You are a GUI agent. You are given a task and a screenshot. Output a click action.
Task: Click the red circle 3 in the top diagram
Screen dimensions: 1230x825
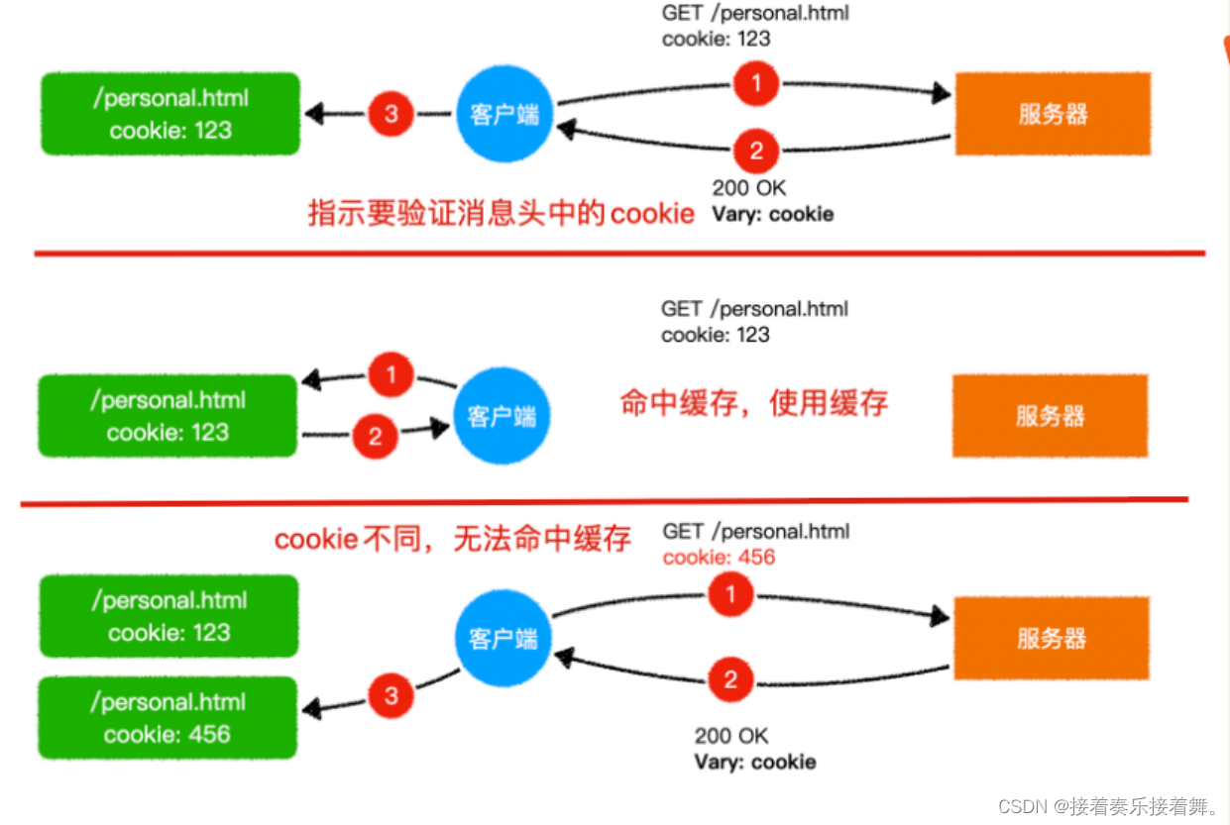(x=391, y=114)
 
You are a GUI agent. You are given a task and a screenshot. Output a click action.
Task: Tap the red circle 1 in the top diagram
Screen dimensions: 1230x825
(x=756, y=83)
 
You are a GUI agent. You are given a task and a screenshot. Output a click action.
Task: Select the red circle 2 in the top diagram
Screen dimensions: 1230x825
(x=756, y=151)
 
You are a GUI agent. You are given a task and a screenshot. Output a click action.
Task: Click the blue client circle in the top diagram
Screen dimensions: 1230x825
(x=504, y=114)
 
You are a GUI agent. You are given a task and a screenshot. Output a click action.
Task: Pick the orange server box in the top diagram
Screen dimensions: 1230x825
(x=1053, y=114)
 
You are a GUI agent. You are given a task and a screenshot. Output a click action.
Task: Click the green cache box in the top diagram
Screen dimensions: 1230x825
(x=170, y=114)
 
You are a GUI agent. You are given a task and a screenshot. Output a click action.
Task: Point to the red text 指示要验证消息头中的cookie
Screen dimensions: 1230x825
(x=501, y=213)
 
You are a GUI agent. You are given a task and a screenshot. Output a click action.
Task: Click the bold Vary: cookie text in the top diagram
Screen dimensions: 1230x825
(x=773, y=214)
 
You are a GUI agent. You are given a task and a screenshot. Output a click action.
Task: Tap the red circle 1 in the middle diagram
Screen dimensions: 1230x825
(x=391, y=374)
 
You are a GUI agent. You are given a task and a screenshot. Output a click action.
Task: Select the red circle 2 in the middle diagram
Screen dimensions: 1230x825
(x=375, y=436)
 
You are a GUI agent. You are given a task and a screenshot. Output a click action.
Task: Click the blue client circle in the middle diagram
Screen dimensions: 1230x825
(x=502, y=416)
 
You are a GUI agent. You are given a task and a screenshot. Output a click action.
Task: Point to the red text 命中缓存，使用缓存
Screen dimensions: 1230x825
(x=754, y=403)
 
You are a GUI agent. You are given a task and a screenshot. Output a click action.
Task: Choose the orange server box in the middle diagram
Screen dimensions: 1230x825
(x=1050, y=416)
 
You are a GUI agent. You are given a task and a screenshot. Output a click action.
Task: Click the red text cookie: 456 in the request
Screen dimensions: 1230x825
(x=719, y=558)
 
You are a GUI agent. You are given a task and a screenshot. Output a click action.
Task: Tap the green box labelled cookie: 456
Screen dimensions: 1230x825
(x=168, y=718)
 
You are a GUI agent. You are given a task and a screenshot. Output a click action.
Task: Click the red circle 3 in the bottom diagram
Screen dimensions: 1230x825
(x=391, y=695)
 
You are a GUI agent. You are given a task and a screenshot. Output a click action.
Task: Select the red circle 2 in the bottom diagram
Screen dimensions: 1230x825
(x=730, y=679)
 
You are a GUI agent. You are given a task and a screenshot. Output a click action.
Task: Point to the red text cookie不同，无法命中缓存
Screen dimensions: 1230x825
(x=453, y=539)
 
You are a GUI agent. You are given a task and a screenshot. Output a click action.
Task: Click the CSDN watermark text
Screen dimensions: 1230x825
(x=1108, y=806)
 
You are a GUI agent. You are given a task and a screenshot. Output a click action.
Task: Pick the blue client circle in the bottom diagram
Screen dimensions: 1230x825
(x=503, y=639)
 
